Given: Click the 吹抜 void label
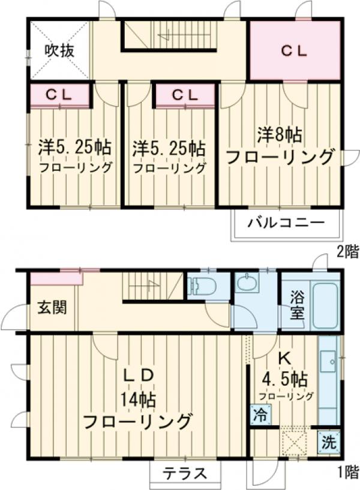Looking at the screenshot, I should [x=59, y=50].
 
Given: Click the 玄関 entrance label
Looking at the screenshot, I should [x=53, y=308].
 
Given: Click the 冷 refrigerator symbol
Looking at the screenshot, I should [x=260, y=413].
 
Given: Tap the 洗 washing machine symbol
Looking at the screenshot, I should [x=328, y=443].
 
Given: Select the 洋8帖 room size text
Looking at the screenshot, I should [x=280, y=134].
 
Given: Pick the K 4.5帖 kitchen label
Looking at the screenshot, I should [x=285, y=371].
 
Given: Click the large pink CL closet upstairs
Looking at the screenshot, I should [x=295, y=50].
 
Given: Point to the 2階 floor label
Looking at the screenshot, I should [x=347, y=252].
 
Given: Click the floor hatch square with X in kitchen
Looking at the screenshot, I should [x=294, y=442].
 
